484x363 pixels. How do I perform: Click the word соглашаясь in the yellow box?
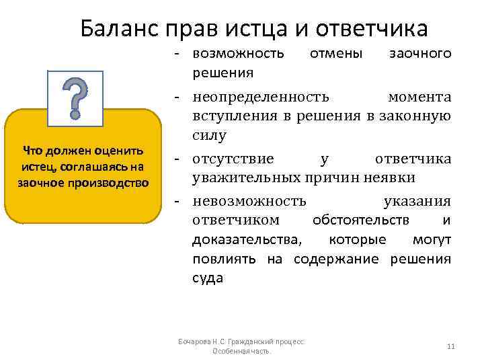click(x=87, y=166)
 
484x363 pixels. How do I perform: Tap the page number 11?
click(x=450, y=346)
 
